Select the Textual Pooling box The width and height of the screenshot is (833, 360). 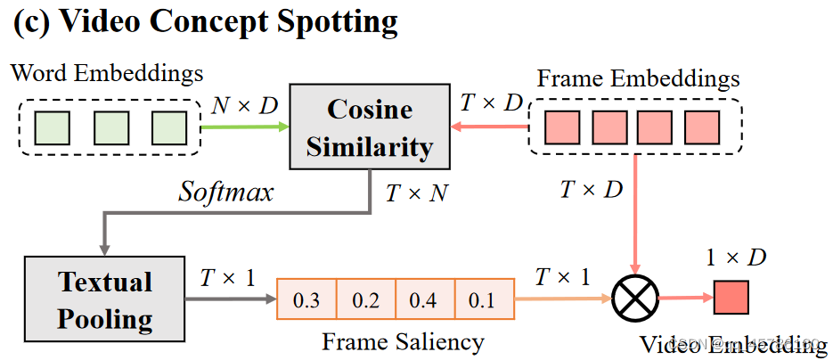[x=105, y=299]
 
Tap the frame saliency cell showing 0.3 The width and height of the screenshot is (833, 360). [x=306, y=300]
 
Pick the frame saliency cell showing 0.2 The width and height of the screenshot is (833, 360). [x=365, y=300]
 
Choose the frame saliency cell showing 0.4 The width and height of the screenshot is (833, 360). [x=424, y=300]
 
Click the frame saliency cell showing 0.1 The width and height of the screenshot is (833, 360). [x=484, y=300]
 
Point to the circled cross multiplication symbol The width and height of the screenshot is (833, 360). [x=635, y=297]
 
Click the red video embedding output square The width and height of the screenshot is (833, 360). [x=731, y=297]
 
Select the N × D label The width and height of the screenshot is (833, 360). [x=245, y=107]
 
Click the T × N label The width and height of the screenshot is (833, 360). [x=417, y=192]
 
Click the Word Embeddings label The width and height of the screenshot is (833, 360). [x=107, y=71]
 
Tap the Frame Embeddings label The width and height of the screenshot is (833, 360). [x=638, y=78]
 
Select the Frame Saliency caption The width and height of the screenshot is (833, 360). [x=403, y=341]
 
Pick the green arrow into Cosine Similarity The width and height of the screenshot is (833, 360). [x=244, y=127]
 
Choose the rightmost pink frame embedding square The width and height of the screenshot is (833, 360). [x=702, y=127]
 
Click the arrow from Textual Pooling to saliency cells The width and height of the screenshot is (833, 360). [x=230, y=299]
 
